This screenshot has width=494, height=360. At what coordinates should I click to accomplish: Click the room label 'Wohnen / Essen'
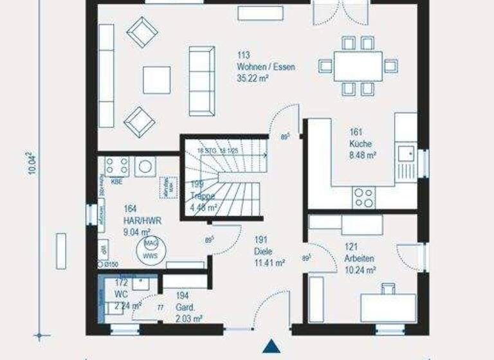(266, 67)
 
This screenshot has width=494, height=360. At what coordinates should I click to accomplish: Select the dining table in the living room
(358, 65)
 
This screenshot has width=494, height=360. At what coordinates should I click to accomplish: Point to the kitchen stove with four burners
(363, 196)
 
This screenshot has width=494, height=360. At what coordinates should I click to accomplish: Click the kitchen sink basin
(406, 153)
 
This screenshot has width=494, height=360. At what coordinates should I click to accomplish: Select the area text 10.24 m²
(360, 270)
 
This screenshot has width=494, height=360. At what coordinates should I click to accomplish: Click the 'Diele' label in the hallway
(262, 251)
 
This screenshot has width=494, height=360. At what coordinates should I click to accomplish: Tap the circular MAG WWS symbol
(151, 249)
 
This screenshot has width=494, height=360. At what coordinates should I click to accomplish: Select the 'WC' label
(120, 294)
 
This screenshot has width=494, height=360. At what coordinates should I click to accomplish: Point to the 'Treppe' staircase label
(203, 195)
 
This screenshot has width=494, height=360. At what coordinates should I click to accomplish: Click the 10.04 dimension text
(30, 167)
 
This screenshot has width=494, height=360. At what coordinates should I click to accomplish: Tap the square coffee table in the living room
(156, 80)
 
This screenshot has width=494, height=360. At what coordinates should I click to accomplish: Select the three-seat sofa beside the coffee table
(201, 80)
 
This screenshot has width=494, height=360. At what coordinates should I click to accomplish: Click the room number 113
(242, 56)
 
